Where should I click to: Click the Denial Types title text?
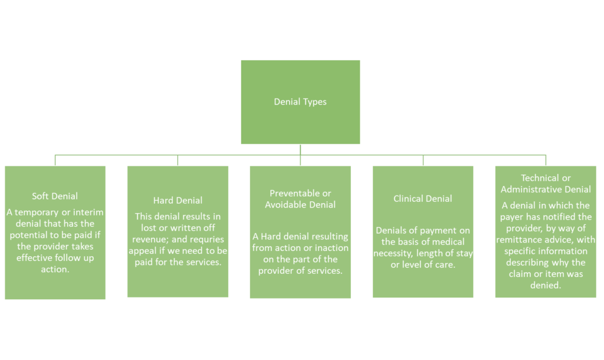pyautogui.click(x=300, y=102)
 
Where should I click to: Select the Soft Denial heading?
pyautogui.click(x=55, y=196)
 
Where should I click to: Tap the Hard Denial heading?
pyautogui.click(x=178, y=201)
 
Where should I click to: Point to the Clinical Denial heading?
pyautogui.click(x=423, y=199)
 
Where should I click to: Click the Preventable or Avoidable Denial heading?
pyautogui.click(x=300, y=199)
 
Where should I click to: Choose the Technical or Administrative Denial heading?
pyautogui.click(x=546, y=184)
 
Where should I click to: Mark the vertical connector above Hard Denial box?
pyautogui.click(x=178, y=160)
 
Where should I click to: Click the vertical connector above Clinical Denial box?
pyautogui.click(x=423, y=160)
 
